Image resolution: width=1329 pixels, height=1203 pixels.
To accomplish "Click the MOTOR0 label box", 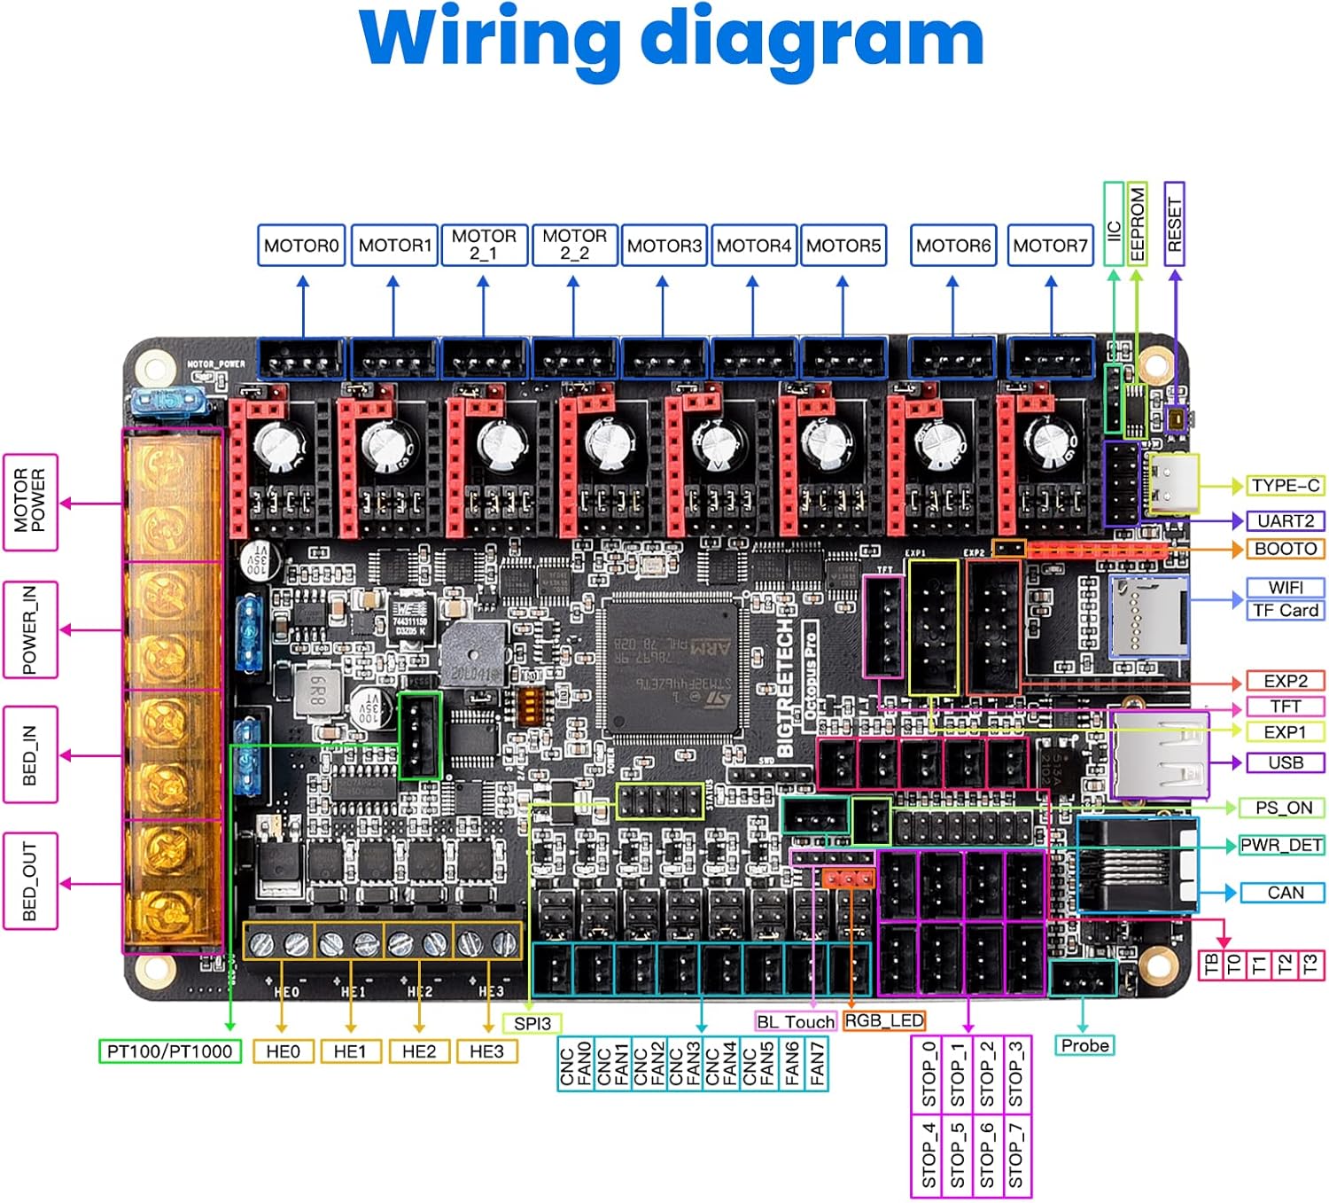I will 301,246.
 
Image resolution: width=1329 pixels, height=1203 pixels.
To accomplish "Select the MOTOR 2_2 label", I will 574,245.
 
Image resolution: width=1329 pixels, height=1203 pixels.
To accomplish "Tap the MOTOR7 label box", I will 1050,246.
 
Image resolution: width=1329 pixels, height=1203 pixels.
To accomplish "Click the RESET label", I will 1174,224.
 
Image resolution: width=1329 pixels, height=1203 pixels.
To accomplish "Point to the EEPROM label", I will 1137,224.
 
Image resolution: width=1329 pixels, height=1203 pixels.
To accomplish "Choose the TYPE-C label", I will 1286,486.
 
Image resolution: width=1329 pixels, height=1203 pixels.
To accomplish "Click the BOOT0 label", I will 1286,549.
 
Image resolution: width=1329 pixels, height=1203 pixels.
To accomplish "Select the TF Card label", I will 1286,611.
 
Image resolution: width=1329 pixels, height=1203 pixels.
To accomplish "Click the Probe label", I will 1084,1046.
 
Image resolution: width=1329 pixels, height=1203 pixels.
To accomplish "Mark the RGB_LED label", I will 884,1021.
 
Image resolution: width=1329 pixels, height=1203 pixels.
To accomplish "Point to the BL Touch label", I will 796,1022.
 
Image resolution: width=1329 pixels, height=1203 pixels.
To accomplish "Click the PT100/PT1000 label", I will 169,1051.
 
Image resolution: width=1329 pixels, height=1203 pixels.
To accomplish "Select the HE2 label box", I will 419,1051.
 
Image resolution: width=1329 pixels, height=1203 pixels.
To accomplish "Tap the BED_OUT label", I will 30,881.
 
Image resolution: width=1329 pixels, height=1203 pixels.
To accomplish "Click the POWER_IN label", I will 30,630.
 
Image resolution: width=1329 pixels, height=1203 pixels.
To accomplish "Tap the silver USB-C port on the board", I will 1171,484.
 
